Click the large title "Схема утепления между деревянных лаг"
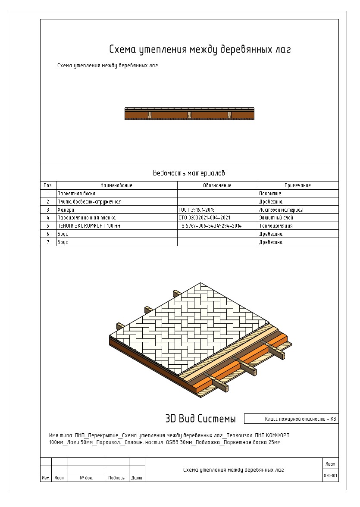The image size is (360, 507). [200, 50]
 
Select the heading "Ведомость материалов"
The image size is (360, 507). [189, 173]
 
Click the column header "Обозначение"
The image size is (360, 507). [217, 185]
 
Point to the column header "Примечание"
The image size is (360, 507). [297, 185]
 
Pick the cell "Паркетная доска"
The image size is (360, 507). [76, 194]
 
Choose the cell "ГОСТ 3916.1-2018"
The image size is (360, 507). [197, 210]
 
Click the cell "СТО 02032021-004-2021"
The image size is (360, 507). [204, 218]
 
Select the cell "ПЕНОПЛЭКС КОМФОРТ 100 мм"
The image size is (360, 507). [89, 226]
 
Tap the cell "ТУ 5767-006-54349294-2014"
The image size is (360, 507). [210, 226]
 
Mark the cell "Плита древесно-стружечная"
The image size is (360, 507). [89, 202]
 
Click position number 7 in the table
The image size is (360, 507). [48, 242]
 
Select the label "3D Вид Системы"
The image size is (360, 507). [200, 419]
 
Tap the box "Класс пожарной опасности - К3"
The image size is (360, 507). [300, 419]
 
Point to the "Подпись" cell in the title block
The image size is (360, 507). [116, 478]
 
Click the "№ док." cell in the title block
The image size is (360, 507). [86, 478]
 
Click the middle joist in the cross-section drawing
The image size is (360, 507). [189, 114]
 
